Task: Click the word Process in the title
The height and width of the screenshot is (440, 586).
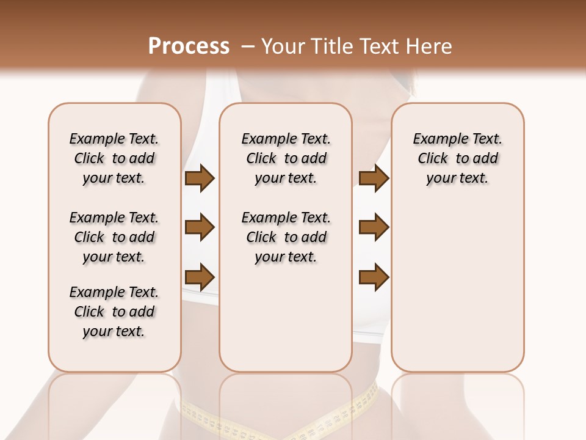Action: (x=189, y=46)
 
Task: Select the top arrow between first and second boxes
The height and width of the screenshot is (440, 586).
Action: (x=200, y=178)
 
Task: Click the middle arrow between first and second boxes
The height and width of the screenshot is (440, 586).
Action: (x=200, y=228)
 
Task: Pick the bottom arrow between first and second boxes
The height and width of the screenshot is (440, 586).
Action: (x=200, y=276)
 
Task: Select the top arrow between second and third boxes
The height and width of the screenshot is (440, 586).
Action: (x=374, y=178)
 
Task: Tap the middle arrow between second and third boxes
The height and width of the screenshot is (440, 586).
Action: (x=374, y=228)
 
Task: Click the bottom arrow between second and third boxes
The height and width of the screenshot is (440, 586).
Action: (x=374, y=276)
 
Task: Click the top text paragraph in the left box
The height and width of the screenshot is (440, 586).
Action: (x=114, y=158)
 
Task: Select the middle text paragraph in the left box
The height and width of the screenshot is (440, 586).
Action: (x=114, y=237)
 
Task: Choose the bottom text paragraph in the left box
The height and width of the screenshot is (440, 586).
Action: (x=114, y=312)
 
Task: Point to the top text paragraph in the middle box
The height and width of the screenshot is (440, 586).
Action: (x=286, y=158)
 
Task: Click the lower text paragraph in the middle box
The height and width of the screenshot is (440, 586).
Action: (x=286, y=237)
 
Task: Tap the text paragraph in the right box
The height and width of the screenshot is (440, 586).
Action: (x=458, y=158)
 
